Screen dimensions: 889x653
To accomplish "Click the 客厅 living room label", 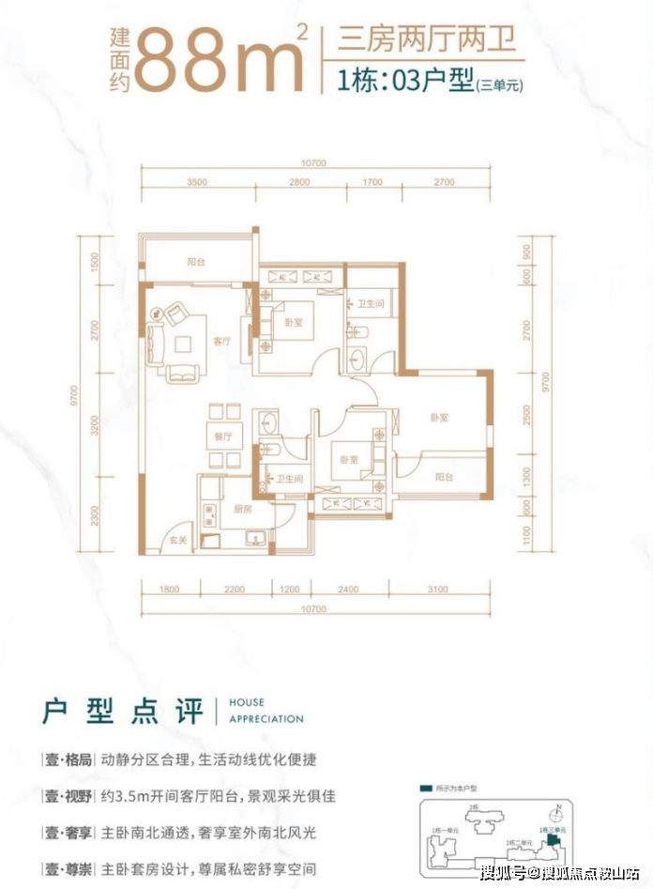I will pyautogui.click(x=221, y=342).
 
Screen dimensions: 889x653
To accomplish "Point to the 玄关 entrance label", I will pyautogui.click(x=176, y=541).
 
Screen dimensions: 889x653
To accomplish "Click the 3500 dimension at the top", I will pyautogui.click(x=197, y=181).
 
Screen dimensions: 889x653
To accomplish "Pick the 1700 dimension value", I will pyautogui.click(x=372, y=181).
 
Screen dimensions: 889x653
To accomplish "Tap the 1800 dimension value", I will pyautogui.click(x=169, y=589).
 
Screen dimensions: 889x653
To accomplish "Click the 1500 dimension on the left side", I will pyautogui.click(x=96, y=262).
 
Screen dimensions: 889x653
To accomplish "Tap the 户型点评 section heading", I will pyautogui.click(x=122, y=711).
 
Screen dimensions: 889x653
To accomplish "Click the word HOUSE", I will pyautogui.click(x=246, y=702).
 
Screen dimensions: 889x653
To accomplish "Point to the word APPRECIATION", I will pyautogui.click(x=266, y=719).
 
